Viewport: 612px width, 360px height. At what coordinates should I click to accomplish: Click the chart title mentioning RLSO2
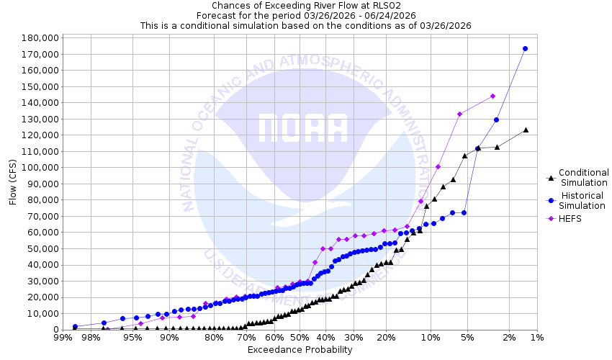[305, 6]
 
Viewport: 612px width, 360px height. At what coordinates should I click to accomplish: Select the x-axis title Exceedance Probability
[300, 350]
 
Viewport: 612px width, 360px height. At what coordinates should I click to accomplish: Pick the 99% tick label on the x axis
[62, 338]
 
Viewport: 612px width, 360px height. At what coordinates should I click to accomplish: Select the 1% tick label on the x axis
[536, 338]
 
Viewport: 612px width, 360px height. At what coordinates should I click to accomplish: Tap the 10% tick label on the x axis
[430, 338]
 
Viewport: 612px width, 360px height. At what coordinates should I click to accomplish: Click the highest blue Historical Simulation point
[525, 49]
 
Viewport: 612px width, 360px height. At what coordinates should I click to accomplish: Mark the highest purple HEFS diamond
[492, 96]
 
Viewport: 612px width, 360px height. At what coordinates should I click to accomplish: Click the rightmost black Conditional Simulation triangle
[526, 130]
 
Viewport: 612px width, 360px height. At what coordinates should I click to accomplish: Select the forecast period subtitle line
[305, 15]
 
